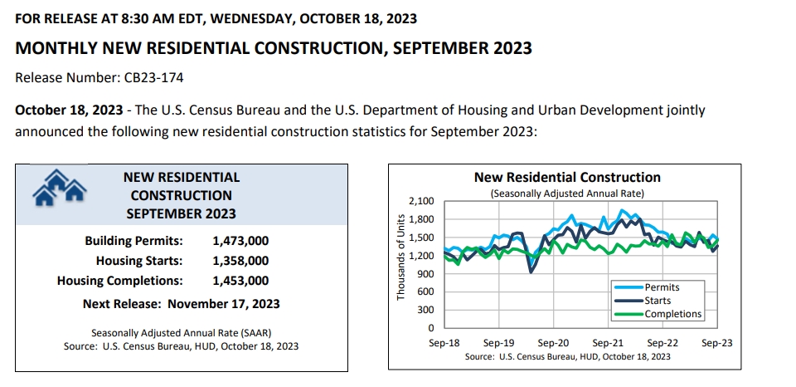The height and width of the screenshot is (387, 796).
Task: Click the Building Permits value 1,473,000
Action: pyautogui.click(x=240, y=241)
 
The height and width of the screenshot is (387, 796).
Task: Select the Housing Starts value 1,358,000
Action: pyautogui.click(x=240, y=261)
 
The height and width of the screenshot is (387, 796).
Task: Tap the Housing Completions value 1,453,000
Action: pyautogui.click(x=240, y=281)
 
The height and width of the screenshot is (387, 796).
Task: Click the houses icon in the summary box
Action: pyautogui.click(x=59, y=188)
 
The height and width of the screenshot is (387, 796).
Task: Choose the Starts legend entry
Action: pyautogui.click(x=657, y=301)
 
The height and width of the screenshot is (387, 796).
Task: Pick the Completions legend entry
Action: pyautogui.click(x=672, y=314)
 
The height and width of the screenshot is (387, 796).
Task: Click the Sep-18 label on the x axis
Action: pyautogui.click(x=445, y=342)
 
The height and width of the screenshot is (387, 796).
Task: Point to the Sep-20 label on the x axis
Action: pyautogui.click(x=553, y=342)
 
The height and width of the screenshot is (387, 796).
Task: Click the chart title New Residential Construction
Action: pyautogui.click(x=567, y=177)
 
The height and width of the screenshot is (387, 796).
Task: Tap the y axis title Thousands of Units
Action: pyautogui.click(x=401, y=257)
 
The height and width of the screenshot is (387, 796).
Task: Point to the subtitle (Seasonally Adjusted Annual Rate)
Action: pyautogui.click(x=567, y=193)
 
